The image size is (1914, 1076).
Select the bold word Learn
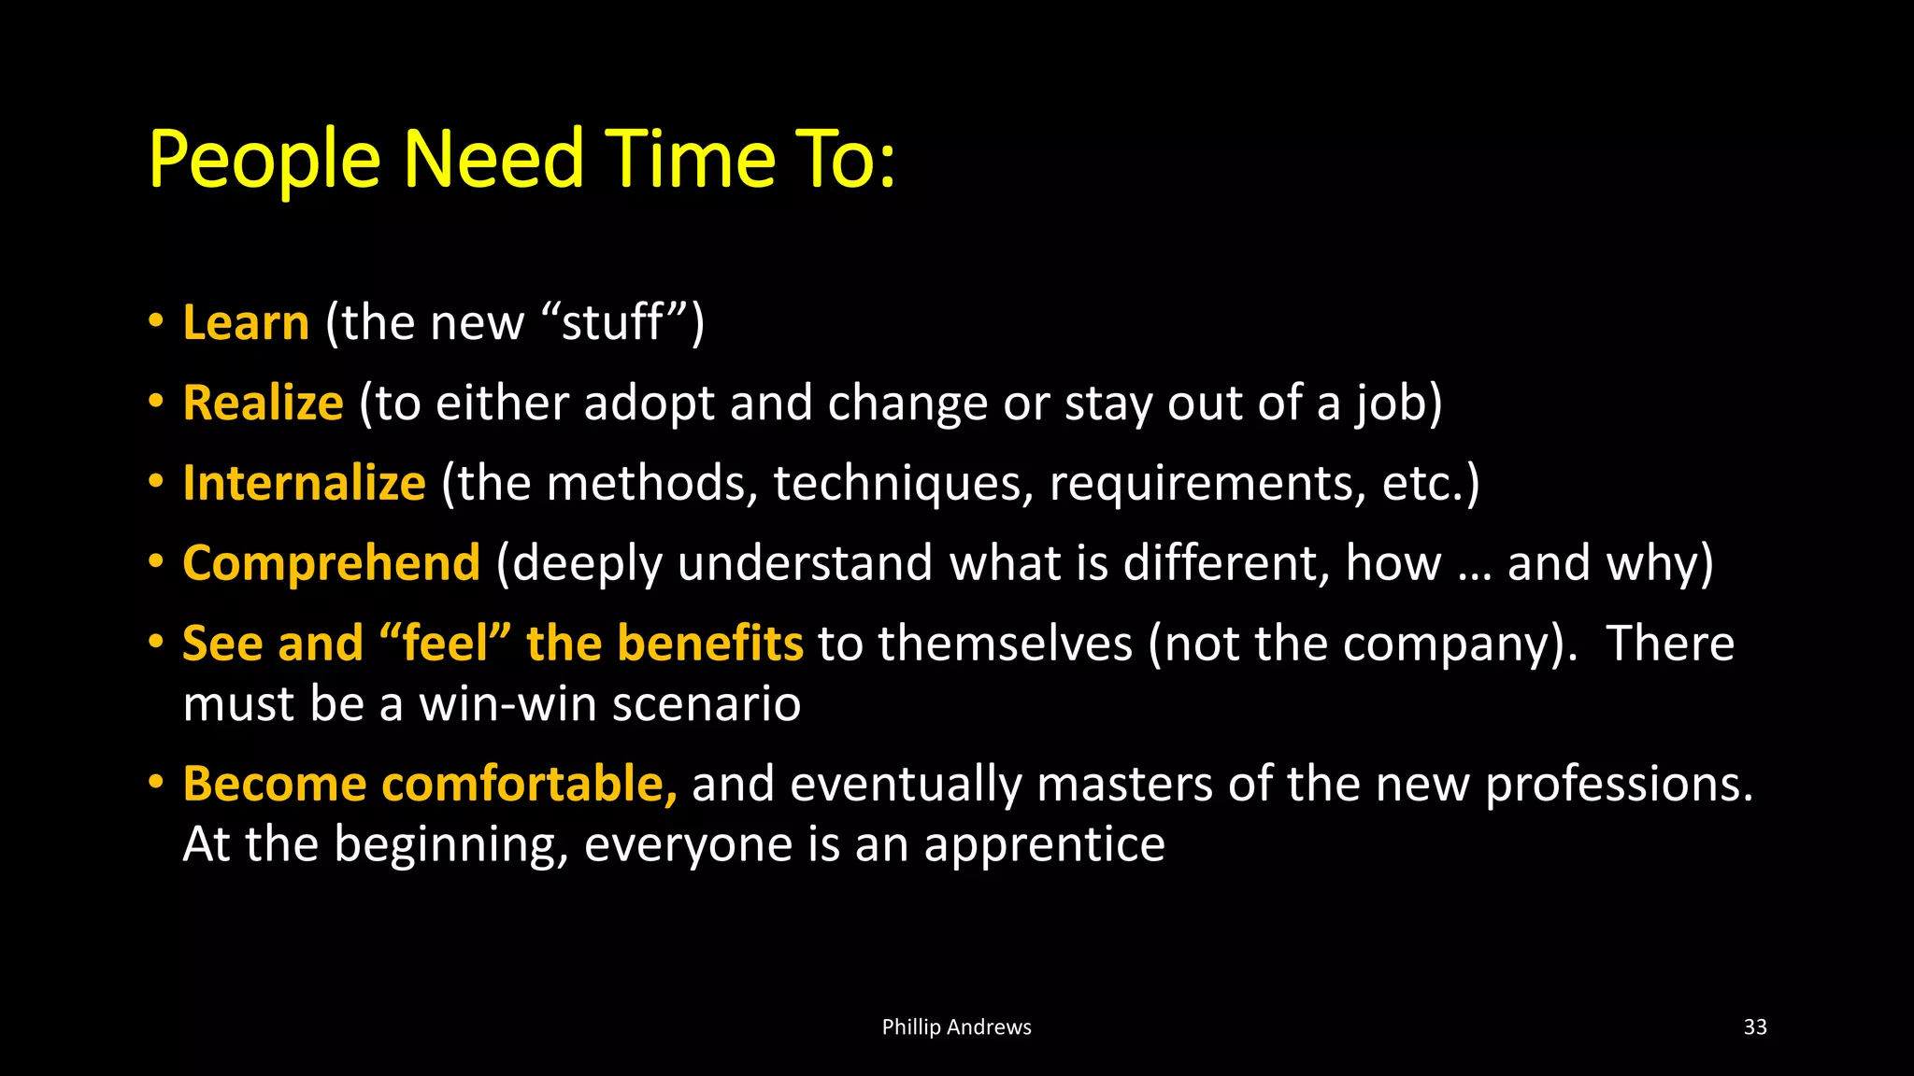tap(246, 323)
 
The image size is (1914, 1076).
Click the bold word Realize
tap(263, 403)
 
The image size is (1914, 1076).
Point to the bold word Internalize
tap(304, 484)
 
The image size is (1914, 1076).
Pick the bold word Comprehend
tap(331, 564)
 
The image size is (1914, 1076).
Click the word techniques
tap(903, 484)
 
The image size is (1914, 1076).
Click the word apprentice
tap(1044, 844)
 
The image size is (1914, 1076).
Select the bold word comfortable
tap(529, 785)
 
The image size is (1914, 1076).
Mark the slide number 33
tap(1755, 1027)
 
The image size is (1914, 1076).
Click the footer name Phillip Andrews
tap(956, 1027)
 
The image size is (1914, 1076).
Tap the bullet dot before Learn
tap(156, 321)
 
